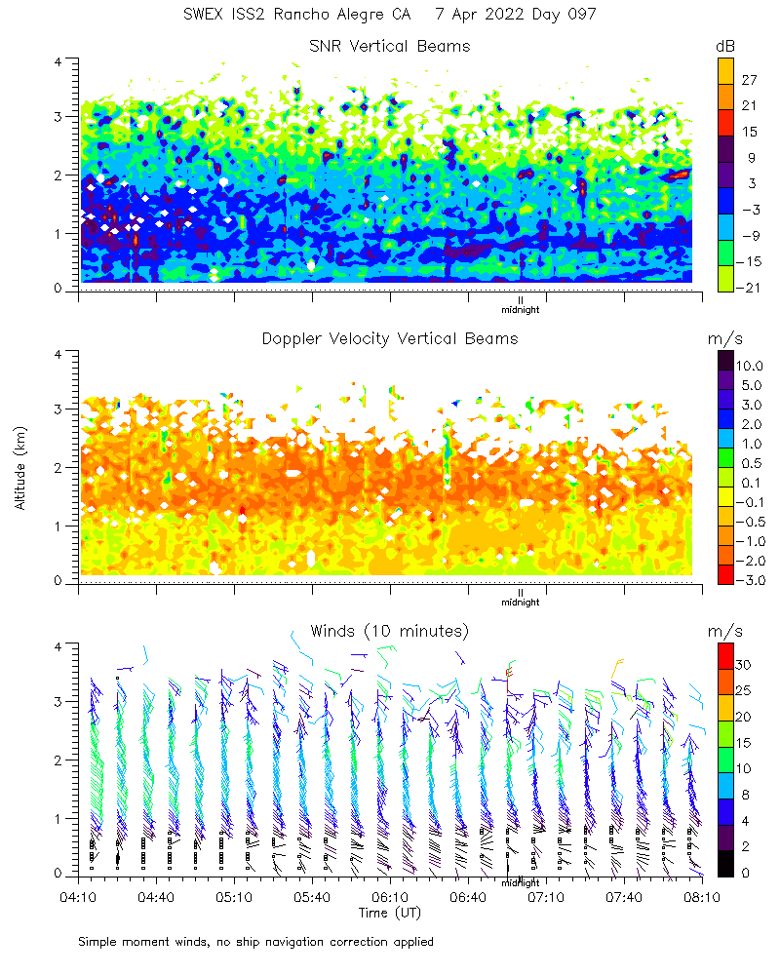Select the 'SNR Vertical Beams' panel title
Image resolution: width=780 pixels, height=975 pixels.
coord(390,46)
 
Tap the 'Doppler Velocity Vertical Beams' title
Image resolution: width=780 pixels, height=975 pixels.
coord(390,338)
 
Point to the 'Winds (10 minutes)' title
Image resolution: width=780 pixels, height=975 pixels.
coord(390,630)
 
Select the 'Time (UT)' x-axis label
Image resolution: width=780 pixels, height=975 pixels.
coord(390,913)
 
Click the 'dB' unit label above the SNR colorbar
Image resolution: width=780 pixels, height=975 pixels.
coord(725,46)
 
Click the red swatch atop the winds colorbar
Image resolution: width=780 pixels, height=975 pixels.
coord(725,653)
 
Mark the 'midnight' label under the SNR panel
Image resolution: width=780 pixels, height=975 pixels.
coord(520,310)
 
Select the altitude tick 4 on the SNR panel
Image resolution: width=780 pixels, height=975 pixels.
coord(58,61)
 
